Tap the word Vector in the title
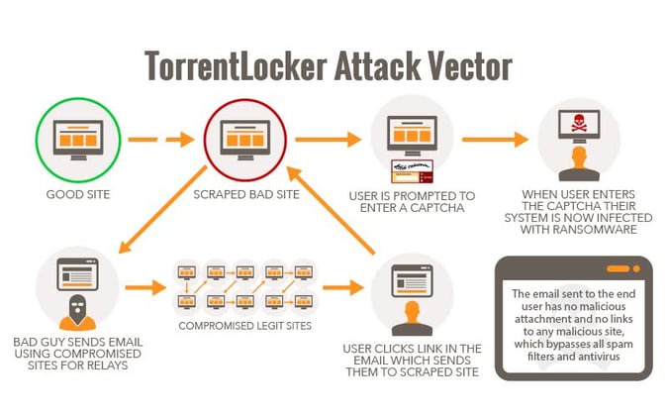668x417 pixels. click(465, 65)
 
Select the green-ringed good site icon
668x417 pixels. click(76, 139)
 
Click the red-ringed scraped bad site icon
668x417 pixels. click(244, 140)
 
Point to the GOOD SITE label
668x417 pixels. click(76, 194)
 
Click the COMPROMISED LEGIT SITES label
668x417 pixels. click(244, 324)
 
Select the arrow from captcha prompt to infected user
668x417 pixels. click(494, 139)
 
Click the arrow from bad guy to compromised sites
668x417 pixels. click(143, 288)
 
